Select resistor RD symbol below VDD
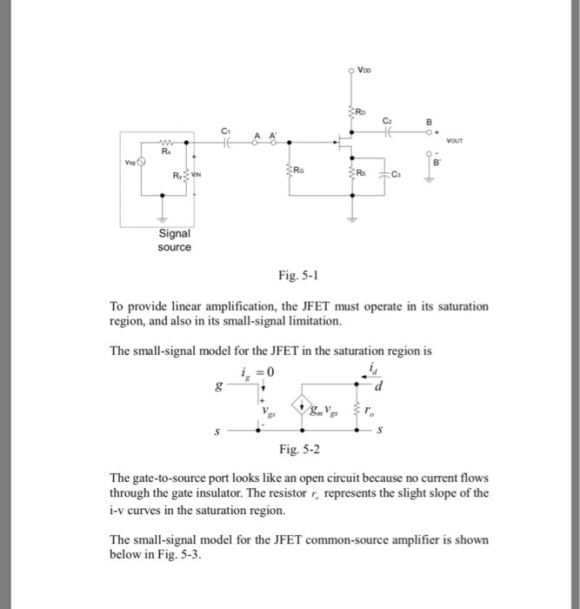pos(352,112)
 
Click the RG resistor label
pos(298,169)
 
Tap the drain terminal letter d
pos(380,386)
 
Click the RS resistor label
pos(365,169)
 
